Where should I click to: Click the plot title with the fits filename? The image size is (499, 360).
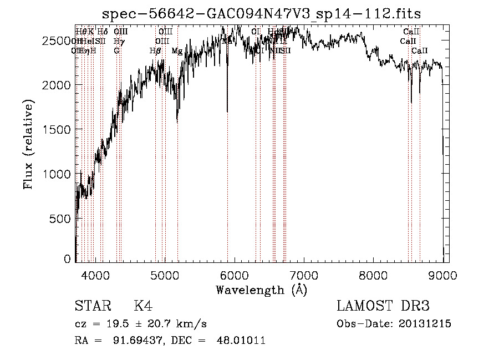262,14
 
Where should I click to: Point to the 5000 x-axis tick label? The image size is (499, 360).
165,275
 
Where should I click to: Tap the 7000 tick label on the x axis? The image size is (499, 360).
304,275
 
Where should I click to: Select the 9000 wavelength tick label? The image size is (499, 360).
442,275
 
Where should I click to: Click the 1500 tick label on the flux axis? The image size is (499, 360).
57,129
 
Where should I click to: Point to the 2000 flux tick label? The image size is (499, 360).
57,85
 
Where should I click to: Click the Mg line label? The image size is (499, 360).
177,51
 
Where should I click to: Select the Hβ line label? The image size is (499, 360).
155,51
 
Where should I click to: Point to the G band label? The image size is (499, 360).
116,51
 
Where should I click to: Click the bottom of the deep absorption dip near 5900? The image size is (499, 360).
227,111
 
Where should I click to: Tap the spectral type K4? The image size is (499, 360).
144,307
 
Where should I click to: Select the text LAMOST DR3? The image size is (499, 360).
383,306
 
